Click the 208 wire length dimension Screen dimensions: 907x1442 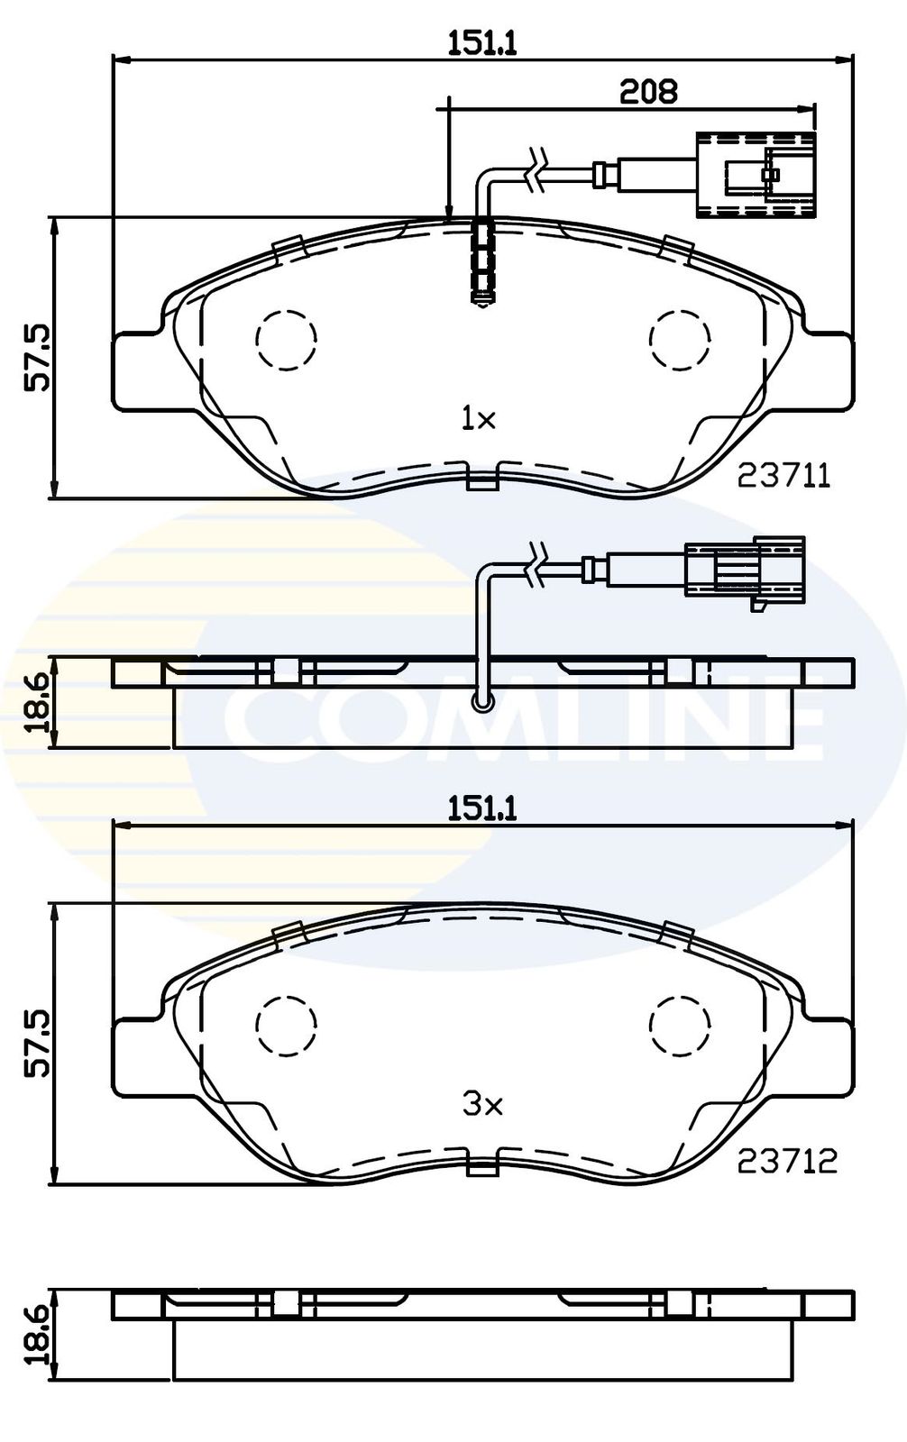coord(648,91)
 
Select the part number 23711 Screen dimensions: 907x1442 coord(784,477)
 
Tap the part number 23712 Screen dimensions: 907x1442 coord(787,1162)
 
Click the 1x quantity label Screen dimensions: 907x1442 coord(478,420)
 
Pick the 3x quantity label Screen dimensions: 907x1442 coord(482,1105)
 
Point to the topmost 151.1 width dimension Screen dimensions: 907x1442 coord(482,44)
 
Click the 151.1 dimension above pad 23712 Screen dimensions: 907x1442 coord(482,809)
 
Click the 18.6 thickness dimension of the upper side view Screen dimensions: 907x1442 coord(37,703)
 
